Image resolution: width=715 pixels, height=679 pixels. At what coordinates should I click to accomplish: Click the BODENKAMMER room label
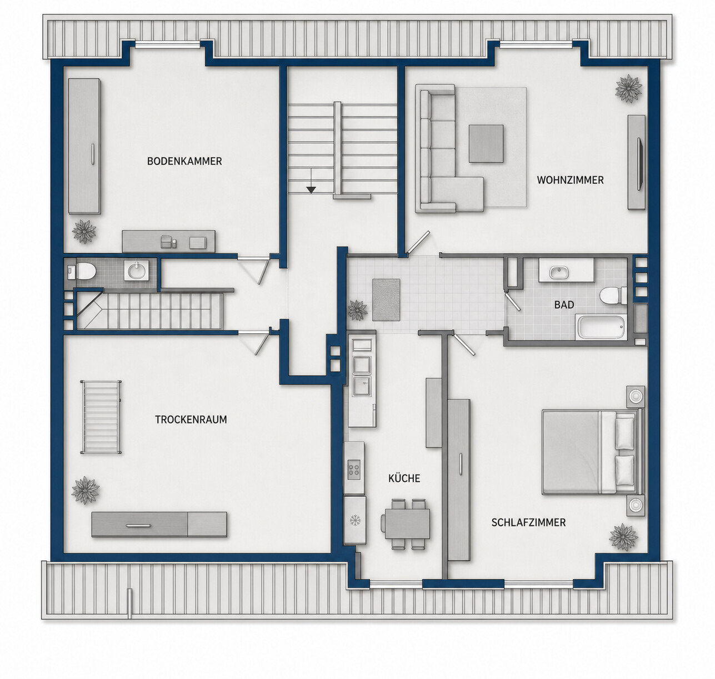(x=184, y=161)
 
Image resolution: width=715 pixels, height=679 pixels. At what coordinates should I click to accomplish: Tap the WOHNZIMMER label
(x=570, y=180)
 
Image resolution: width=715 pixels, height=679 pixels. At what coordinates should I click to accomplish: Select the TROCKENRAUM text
(x=191, y=420)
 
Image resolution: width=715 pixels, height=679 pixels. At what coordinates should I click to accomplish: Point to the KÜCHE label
(x=404, y=478)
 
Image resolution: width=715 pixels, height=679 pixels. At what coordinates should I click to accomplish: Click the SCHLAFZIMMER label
(x=528, y=522)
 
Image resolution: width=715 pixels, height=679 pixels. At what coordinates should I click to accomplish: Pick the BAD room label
(x=564, y=305)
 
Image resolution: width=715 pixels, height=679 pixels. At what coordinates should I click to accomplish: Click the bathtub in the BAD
(x=601, y=327)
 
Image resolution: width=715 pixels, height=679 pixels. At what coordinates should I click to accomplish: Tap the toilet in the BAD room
(x=613, y=296)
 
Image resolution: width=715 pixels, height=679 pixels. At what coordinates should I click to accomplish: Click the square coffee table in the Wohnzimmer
(x=486, y=143)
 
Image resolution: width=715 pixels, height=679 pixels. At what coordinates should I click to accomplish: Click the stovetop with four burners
(x=354, y=468)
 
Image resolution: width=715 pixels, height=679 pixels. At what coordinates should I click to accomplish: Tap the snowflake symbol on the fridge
(x=354, y=520)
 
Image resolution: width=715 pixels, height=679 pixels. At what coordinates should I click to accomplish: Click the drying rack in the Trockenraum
(x=101, y=417)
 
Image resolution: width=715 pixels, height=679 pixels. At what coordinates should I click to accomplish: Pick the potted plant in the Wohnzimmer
(x=628, y=88)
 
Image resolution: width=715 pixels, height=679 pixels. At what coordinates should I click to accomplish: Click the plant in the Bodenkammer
(x=84, y=231)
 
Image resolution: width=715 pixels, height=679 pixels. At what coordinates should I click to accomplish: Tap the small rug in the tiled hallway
(x=386, y=300)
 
